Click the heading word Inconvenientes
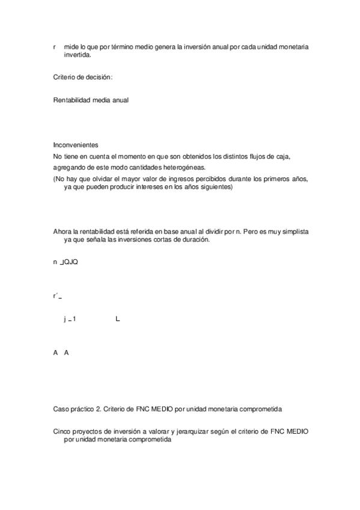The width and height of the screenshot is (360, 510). click(x=75, y=146)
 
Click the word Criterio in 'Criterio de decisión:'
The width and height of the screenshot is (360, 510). click(x=64, y=77)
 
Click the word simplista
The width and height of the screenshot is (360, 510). click(x=296, y=232)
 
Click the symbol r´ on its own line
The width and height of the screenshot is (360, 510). click(x=56, y=296)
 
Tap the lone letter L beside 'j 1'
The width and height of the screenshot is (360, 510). click(x=118, y=319)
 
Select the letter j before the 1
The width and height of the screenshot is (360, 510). click(x=64, y=319)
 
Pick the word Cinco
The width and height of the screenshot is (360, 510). click(x=63, y=432)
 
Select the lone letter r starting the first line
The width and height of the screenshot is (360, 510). click(x=55, y=46)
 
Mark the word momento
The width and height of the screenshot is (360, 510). click(x=124, y=157)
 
